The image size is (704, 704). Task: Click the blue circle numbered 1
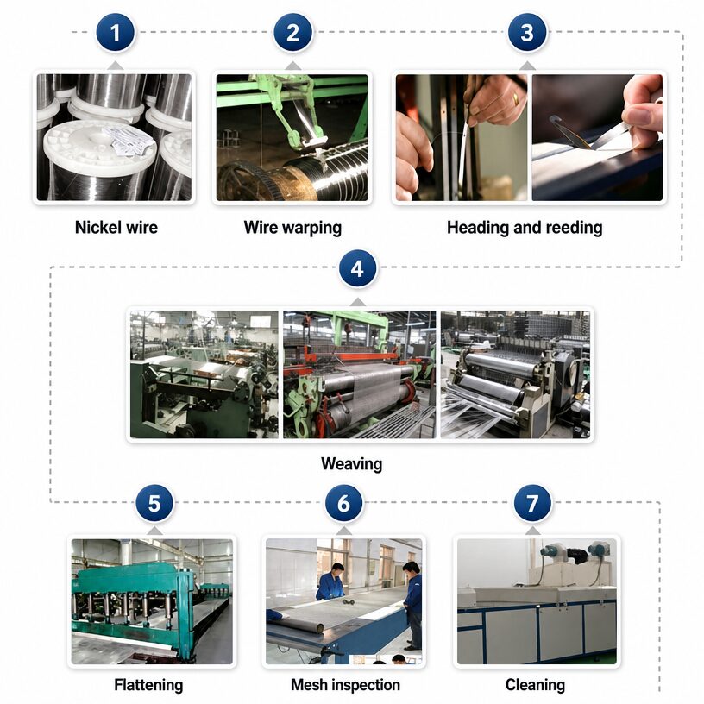pyautogui.click(x=116, y=33)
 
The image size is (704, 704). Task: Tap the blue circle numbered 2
pyautogui.click(x=293, y=33)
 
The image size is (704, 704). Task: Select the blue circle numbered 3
pyautogui.click(x=527, y=33)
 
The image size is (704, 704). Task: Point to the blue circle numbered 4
pyautogui.click(x=357, y=269)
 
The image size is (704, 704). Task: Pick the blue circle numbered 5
pyautogui.click(x=154, y=503)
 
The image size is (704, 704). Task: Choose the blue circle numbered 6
pyautogui.click(x=344, y=503)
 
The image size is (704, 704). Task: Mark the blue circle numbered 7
pyautogui.click(x=532, y=503)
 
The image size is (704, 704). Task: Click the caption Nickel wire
pyautogui.click(x=116, y=227)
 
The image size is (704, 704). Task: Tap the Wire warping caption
pyautogui.click(x=292, y=228)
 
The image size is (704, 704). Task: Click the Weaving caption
pyautogui.click(x=351, y=464)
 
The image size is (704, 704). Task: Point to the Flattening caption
pyautogui.click(x=148, y=686)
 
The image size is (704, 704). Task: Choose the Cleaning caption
pyautogui.click(x=535, y=686)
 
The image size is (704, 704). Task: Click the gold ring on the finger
pyautogui.click(x=516, y=98)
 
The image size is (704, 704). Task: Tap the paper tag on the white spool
pyautogui.click(x=126, y=141)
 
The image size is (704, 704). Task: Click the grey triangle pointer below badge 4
pyautogui.click(x=357, y=302)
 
